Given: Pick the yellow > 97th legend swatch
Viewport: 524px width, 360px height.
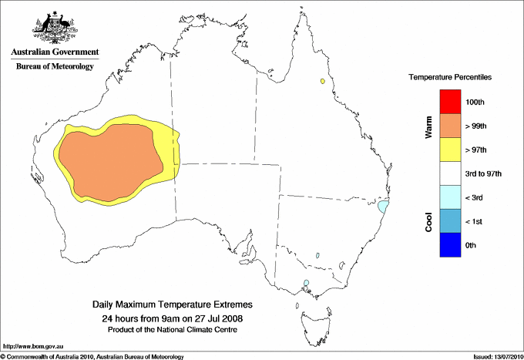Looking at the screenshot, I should click(x=450, y=150).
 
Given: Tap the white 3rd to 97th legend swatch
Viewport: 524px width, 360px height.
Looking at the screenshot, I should click(x=450, y=173).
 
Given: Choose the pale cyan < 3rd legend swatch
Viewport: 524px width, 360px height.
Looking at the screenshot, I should click(x=450, y=197).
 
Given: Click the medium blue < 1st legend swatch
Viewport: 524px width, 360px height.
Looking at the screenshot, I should click(x=450, y=221).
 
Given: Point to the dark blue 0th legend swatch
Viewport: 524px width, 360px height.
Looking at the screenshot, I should click(x=450, y=245).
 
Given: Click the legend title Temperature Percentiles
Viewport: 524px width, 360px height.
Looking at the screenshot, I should click(x=450, y=78).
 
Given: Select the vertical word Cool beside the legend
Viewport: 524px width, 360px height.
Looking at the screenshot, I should click(x=428, y=221).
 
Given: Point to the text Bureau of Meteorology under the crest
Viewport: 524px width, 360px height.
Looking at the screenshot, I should click(x=52, y=67).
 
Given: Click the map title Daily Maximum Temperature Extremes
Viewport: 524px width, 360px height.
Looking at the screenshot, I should click(x=172, y=305).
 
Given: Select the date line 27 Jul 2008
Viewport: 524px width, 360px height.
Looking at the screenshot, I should click(x=172, y=318).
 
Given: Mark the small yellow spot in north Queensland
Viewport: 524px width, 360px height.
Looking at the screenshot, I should click(x=322, y=81).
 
